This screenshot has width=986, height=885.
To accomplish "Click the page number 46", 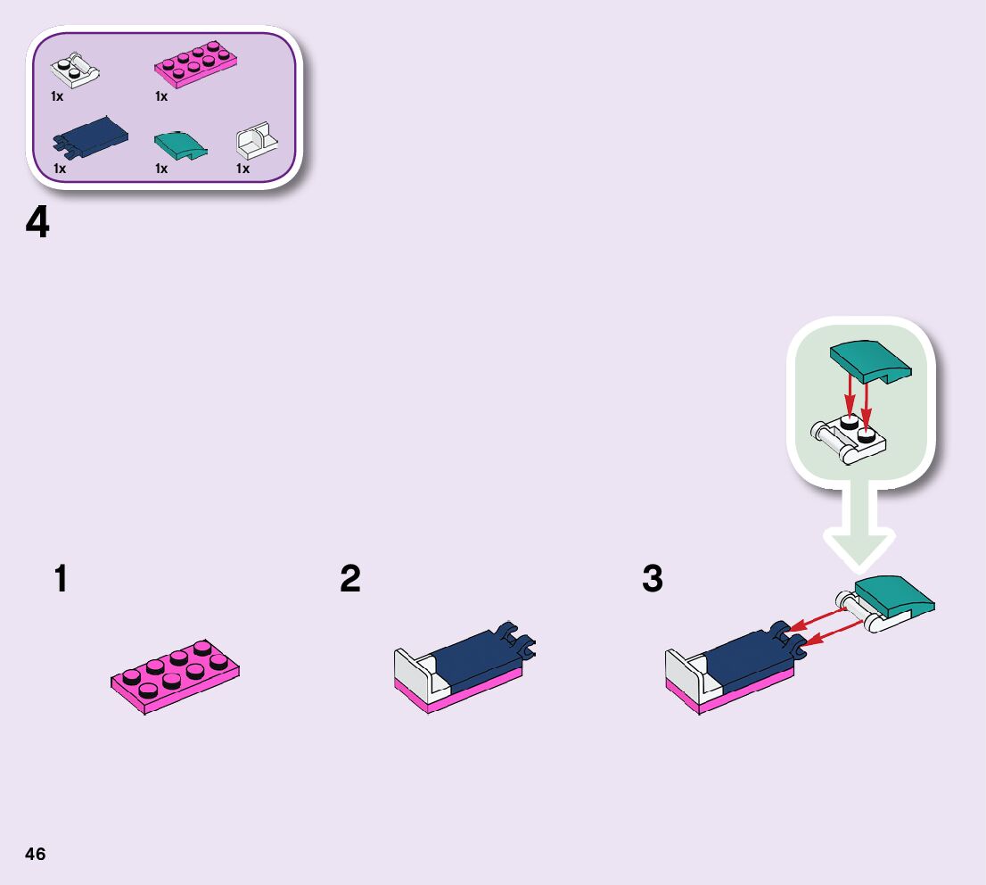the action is pos(35,854).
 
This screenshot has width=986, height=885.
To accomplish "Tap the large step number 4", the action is pos(37,223).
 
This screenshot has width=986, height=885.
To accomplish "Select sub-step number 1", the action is pos(60,580).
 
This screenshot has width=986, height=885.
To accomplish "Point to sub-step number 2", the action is pos(350,580).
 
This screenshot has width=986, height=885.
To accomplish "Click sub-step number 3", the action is pos(653,580).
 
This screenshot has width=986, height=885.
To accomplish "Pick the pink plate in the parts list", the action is pos(197,65).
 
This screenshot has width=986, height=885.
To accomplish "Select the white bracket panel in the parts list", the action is pos(257,140).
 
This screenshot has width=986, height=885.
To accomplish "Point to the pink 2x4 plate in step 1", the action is pos(176,676).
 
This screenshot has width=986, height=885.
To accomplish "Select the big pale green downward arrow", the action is pos(857,526).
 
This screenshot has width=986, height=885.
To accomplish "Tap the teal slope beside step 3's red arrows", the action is pos(895,595).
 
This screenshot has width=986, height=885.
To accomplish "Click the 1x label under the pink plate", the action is pos(161,96).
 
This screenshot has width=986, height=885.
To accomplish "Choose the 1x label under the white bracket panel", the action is pos(242,168).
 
